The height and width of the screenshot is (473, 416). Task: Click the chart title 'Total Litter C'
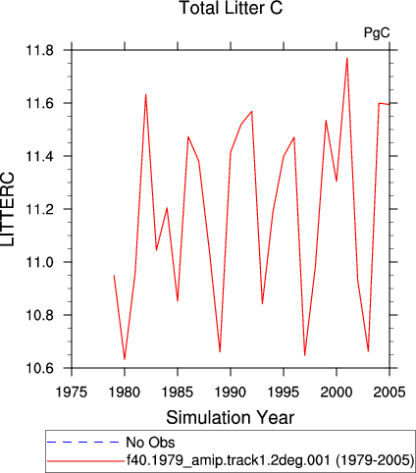pos(231,8)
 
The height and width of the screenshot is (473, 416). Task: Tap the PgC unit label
pos(377,33)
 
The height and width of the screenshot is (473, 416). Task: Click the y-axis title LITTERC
pos(8,209)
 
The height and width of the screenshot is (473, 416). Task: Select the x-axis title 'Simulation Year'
pos(231,418)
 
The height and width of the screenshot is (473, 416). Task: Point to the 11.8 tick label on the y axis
pos(40,51)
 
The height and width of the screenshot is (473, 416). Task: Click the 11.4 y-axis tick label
pos(40,156)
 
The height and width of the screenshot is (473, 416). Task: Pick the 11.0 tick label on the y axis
pos(40,262)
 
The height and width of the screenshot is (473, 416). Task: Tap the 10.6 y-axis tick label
pos(40,368)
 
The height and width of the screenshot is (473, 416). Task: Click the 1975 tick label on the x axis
pos(72,392)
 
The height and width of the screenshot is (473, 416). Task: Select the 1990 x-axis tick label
pos(231,392)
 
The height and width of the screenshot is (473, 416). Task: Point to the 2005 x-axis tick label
pos(390,392)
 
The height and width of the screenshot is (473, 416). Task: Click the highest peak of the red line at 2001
pos(347,58)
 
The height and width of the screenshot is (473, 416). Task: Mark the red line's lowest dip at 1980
pos(125,359)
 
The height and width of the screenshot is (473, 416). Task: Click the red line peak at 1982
pos(146,94)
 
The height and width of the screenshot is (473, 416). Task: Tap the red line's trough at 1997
pos(305,355)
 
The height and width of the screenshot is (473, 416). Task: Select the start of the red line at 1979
pos(114,276)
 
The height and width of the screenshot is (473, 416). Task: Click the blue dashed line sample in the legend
pos(83,443)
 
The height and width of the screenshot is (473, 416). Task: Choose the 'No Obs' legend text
pos(150,443)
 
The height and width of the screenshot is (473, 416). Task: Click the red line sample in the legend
pos(85,461)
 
